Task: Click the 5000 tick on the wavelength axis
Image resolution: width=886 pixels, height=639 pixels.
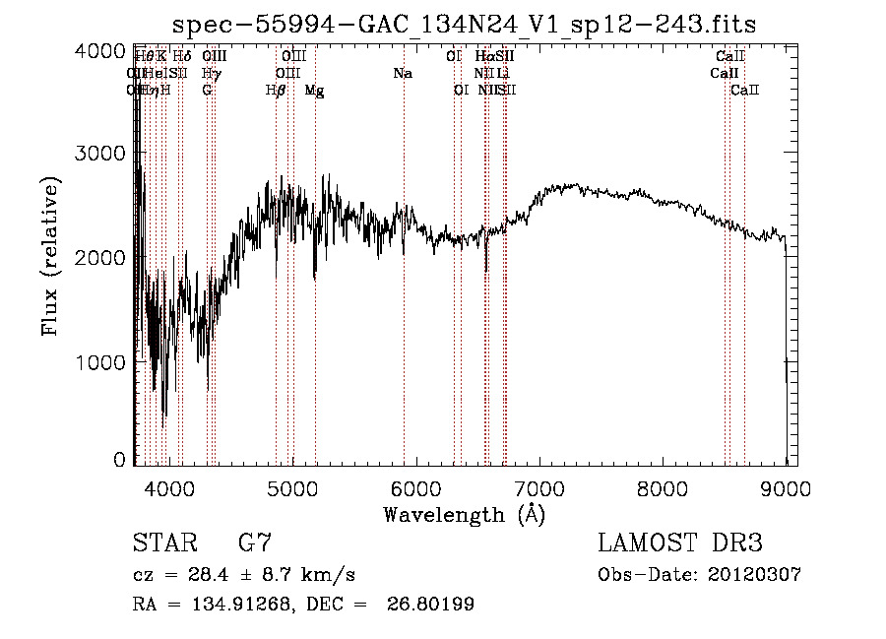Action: (x=292, y=485)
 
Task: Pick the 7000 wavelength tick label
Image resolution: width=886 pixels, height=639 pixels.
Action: (x=539, y=485)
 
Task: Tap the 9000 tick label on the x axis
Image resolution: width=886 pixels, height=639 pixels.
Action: (x=786, y=485)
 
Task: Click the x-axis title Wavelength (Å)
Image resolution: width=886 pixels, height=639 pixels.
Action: (x=464, y=513)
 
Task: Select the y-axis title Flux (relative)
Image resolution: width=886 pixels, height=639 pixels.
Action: (x=50, y=257)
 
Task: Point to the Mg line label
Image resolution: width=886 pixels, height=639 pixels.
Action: (x=314, y=91)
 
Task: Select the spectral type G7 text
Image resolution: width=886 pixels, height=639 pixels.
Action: (x=255, y=543)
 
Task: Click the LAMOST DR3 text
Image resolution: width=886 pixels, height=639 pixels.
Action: (x=680, y=543)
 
